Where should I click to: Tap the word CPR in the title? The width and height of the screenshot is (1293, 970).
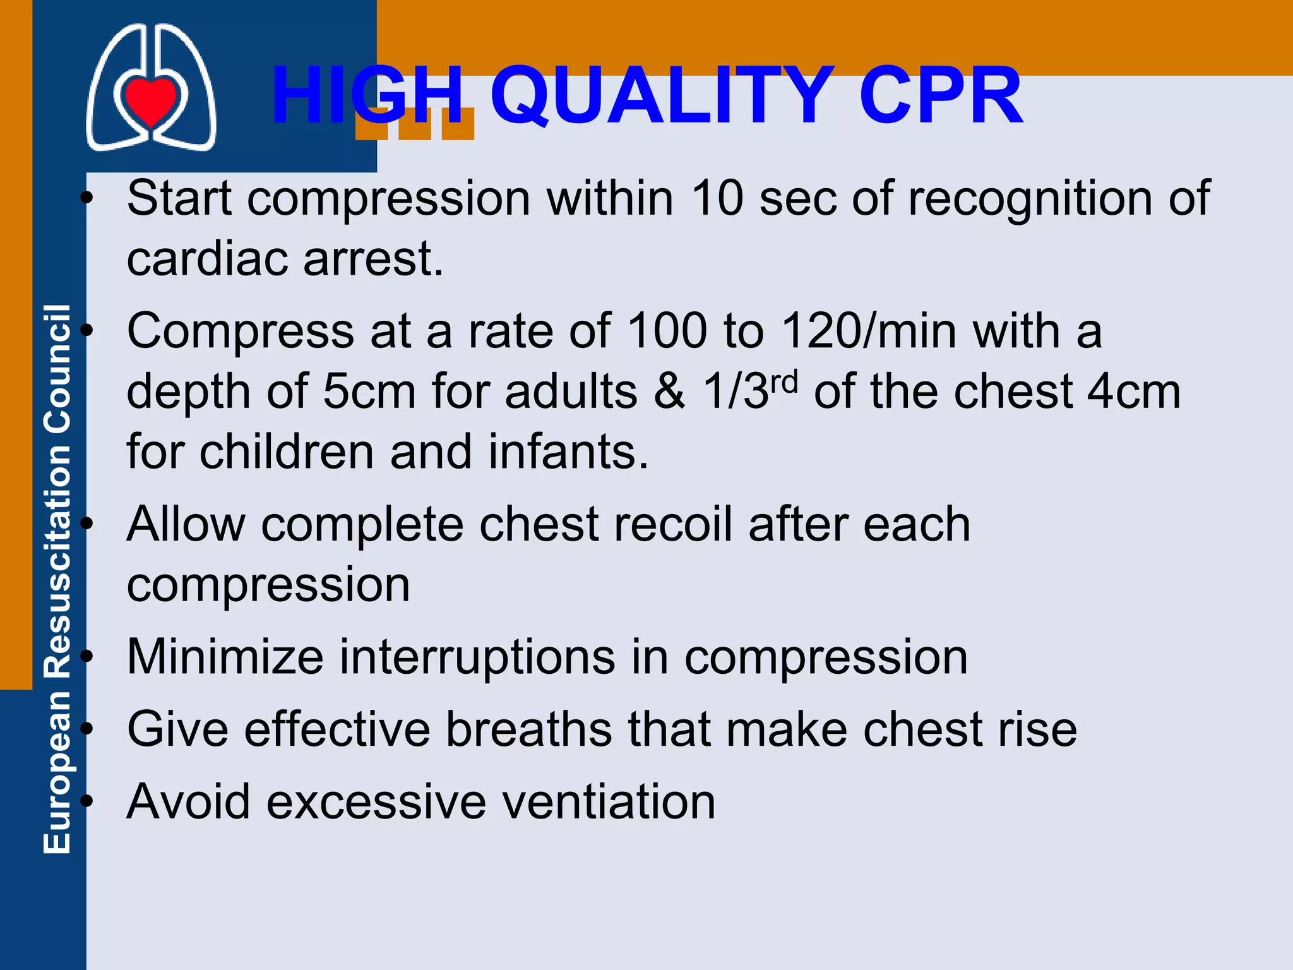tap(940, 96)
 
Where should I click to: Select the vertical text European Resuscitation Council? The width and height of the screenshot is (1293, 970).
tap(57, 579)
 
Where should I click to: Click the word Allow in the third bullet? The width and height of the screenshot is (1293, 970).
tap(186, 524)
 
